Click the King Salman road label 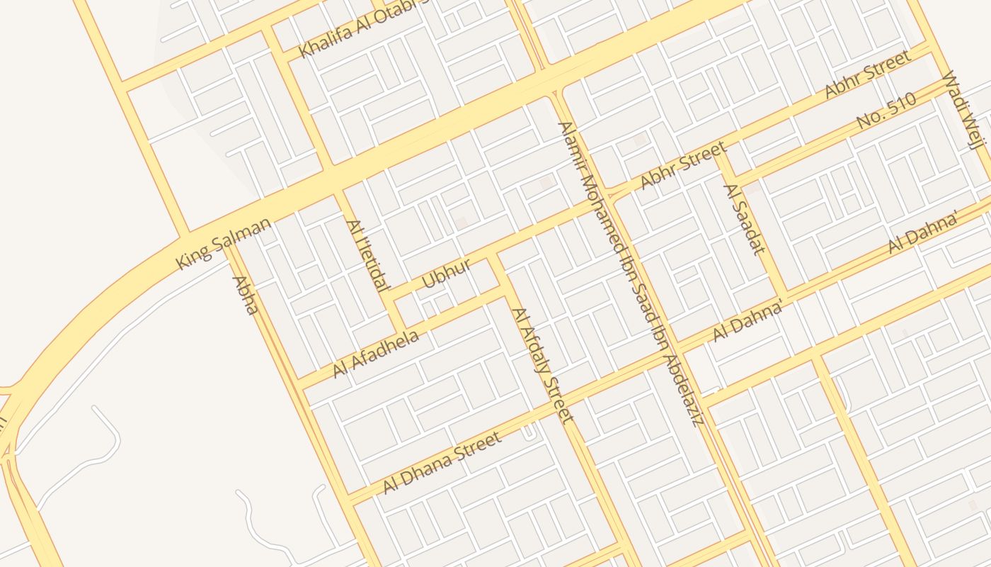(x=223, y=243)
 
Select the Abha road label (x=245, y=296)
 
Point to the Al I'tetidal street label (x=367, y=255)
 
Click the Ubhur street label (x=446, y=274)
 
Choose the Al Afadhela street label (x=376, y=352)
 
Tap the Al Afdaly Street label (x=542, y=365)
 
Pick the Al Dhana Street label (x=442, y=463)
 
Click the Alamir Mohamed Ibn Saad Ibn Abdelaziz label (x=629, y=274)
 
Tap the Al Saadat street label (x=744, y=218)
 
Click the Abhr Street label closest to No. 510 (x=867, y=74)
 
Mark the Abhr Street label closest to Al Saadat (x=683, y=165)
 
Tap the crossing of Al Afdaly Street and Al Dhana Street (x=554, y=405)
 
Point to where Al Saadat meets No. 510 (x=731, y=178)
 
